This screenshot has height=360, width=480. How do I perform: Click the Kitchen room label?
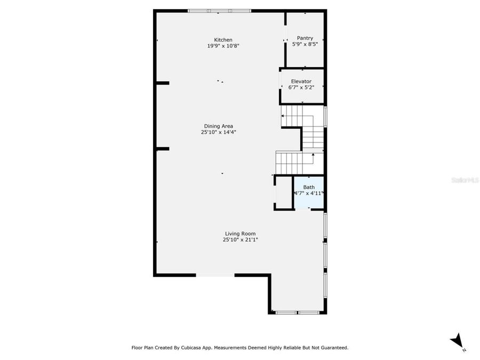click(x=223, y=40)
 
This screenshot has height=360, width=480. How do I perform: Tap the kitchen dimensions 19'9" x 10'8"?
click(x=223, y=46)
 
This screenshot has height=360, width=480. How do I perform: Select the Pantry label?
click(x=305, y=38)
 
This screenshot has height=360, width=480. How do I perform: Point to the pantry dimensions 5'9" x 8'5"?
click(x=305, y=44)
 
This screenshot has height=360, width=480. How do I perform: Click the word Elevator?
click(x=301, y=82)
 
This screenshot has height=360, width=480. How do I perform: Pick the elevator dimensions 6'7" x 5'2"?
click(x=301, y=87)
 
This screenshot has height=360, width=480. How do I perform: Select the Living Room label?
click(x=240, y=234)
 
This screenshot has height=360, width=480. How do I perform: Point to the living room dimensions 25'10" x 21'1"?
click(x=240, y=240)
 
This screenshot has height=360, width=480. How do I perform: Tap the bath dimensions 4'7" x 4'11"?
click(x=309, y=194)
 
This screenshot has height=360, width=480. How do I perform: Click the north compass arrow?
click(x=457, y=340)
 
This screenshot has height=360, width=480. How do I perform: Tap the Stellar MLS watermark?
click(x=465, y=180)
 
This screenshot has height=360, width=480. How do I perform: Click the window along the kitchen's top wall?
click(x=219, y=10)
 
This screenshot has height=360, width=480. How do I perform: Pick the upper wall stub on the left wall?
click(x=162, y=83)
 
